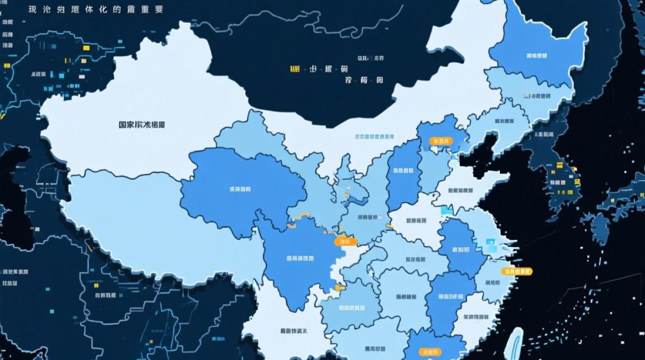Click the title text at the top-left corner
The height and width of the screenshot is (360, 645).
pyautogui.click(x=96, y=10)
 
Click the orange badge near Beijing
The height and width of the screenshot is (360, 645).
pyautogui.click(x=441, y=141)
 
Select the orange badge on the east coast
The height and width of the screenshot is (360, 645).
pyautogui.click(x=517, y=271)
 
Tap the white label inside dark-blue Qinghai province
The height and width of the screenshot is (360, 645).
pyautogui.click(x=240, y=189)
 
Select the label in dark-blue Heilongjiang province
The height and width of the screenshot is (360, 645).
pyautogui.click(x=537, y=56)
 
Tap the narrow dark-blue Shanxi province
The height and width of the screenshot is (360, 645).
pyautogui.click(x=404, y=170)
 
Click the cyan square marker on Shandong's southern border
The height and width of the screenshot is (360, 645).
pyautogui.click(x=446, y=210)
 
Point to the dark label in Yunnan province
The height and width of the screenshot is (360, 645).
pyautogui.click(x=294, y=331)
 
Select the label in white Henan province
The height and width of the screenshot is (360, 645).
pyautogui.click(x=416, y=221)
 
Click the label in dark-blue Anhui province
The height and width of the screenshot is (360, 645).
pyautogui.click(x=460, y=250)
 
